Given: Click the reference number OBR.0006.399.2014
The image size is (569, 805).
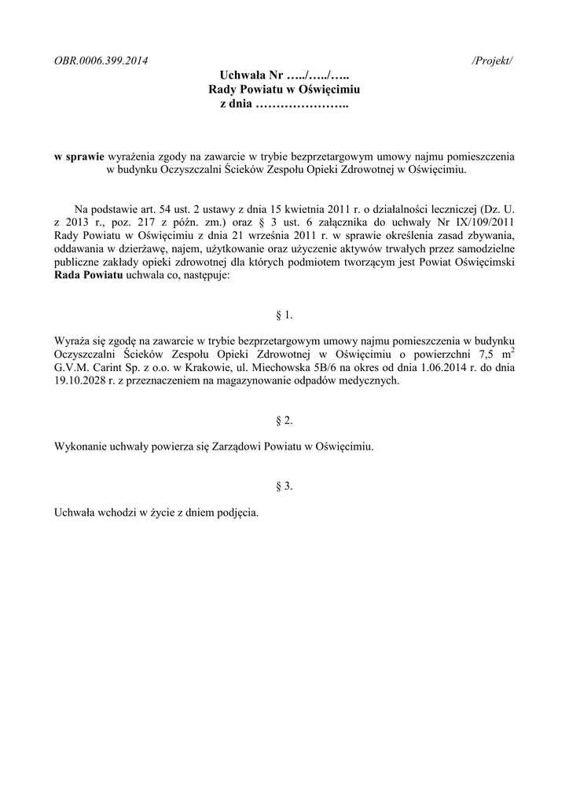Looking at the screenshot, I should click(x=101, y=61).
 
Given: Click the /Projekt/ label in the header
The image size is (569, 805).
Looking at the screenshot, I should click(x=493, y=61).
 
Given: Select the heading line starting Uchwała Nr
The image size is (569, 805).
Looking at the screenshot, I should click(x=284, y=76).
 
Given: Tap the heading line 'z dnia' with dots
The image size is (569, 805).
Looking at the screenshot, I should click(x=284, y=105).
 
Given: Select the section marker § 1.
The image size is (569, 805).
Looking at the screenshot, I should click(x=284, y=315).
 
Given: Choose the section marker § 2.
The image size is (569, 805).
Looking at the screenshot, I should click(x=284, y=421).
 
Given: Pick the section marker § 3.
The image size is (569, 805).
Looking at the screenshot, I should click(x=284, y=487).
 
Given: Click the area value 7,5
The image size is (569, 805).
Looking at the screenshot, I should click(x=477, y=355).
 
